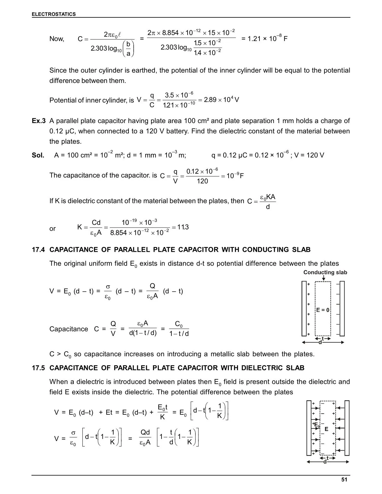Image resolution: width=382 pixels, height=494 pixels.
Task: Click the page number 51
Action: (344, 479)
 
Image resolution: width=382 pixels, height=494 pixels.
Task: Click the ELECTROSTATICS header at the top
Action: (54, 14)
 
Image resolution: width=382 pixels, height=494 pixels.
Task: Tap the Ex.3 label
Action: (39, 121)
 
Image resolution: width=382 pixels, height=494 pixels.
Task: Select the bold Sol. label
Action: (38, 155)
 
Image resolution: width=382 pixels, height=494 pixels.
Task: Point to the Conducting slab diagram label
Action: (325, 272)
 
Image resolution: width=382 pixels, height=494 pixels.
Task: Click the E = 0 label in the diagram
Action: (323, 310)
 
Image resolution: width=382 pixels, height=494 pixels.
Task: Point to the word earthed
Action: (145, 71)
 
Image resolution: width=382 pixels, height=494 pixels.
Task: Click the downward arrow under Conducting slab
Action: (323, 278)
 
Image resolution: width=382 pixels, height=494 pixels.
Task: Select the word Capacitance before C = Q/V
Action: (69, 329)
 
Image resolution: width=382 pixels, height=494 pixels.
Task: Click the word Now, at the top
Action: (57, 39)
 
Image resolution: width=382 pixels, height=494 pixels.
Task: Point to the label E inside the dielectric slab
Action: (326, 429)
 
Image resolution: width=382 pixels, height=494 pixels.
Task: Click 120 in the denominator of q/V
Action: (202, 181)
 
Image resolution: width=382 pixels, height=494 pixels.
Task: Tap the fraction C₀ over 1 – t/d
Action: (179, 329)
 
